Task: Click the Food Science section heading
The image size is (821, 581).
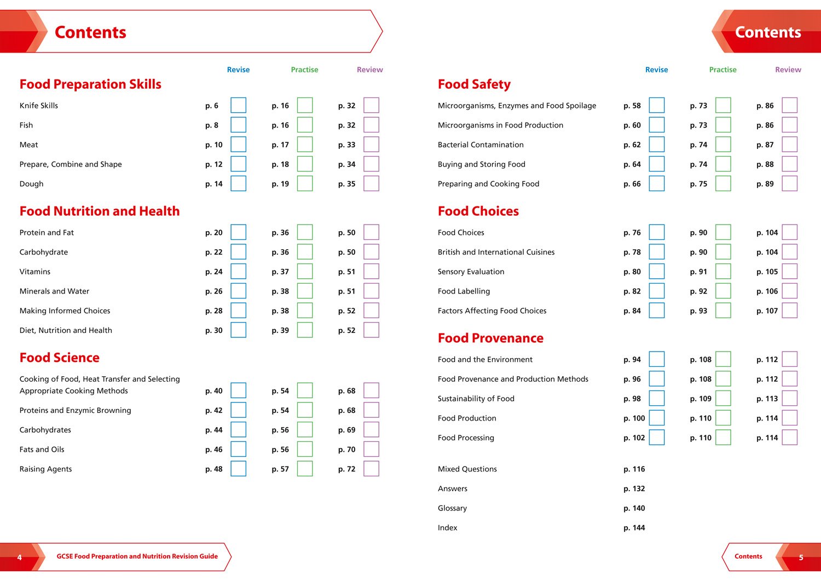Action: click(x=60, y=358)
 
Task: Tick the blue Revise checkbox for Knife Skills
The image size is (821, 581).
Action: click(x=238, y=105)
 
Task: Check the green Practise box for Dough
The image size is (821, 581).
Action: click(x=305, y=183)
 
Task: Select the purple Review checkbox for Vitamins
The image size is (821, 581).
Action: click(x=371, y=272)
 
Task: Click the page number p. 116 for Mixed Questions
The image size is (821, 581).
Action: click(x=634, y=469)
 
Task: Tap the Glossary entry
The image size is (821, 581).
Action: click(x=452, y=508)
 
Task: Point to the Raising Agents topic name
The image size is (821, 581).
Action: click(x=45, y=469)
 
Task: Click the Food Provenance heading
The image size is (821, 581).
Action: click(x=490, y=338)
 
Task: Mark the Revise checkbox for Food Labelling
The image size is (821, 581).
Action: click(x=656, y=291)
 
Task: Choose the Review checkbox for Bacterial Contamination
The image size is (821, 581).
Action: click(x=789, y=145)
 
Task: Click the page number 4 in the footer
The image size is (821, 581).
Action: click(x=20, y=557)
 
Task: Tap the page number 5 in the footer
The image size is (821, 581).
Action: click(x=801, y=557)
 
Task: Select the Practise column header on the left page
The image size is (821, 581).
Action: click(x=304, y=70)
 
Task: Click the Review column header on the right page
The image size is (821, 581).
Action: click(x=788, y=70)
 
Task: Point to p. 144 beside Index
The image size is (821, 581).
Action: click(x=634, y=528)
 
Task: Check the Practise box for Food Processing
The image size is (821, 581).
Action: click(x=723, y=438)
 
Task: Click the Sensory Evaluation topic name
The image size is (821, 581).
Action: click(x=471, y=272)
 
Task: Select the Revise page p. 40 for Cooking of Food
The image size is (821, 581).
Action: click(x=213, y=391)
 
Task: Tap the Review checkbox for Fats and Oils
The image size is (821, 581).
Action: click(x=371, y=449)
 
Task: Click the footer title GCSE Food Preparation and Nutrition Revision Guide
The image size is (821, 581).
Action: click(x=137, y=556)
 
